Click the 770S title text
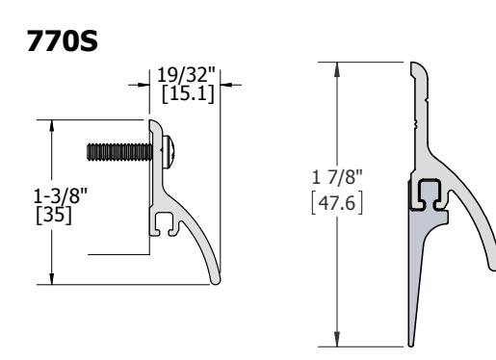pyautogui.click(x=62, y=40)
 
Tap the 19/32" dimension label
pyautogui.click(x=186, y=75)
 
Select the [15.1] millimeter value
pyautogui.click(x=188, y=94)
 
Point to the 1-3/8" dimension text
pyautogui.click(x=61, y=195)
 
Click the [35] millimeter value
pyautogui.click(x=54, y=215)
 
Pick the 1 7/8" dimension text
pyautogui.click(x=337, y=176)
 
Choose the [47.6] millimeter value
pyautogui.click(x=337, y=203)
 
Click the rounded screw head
pyautogui.click(x=169, y=152)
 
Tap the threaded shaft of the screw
pyautogui.click(x=119, y=152)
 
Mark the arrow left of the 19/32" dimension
pyautogui.click(x=139, y=85)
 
